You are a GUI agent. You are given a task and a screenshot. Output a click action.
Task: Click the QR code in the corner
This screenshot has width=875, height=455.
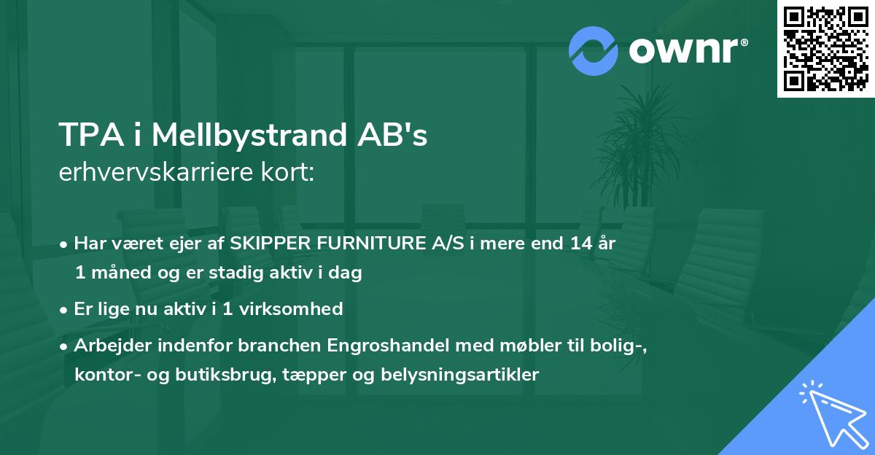[825, 48]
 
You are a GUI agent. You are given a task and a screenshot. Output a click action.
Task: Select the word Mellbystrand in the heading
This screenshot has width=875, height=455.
[244, 135]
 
